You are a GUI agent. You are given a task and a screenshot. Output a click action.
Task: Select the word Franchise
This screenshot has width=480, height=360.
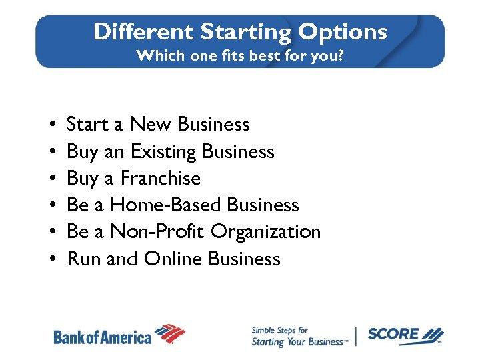click(x=161, y=179)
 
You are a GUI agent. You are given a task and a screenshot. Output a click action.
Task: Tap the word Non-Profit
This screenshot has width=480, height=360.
click(x=157, y=232)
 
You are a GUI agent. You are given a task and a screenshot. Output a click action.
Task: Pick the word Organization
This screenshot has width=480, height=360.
click(x=266, y=232)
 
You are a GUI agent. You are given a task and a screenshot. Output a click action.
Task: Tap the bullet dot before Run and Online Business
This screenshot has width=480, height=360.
click(x=52, y=259)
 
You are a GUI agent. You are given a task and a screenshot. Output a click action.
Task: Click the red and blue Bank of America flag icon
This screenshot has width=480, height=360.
click(x=170, y=333)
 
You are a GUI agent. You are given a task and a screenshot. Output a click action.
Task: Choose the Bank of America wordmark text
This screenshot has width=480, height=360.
click(x=103, y=337)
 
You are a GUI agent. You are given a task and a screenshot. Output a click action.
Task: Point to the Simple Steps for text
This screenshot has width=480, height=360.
click(x=279, y=330)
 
